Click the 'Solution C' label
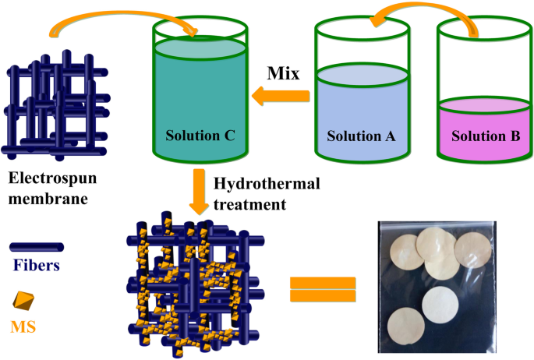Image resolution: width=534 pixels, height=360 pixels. [x=200, y=135]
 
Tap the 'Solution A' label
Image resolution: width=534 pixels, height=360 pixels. [x=362, y=135]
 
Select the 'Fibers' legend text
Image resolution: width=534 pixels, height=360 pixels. [x=36, y=265]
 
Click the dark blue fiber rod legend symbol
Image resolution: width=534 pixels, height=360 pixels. [x=37, y=247]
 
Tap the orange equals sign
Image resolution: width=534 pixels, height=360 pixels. [x=322, y=289]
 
